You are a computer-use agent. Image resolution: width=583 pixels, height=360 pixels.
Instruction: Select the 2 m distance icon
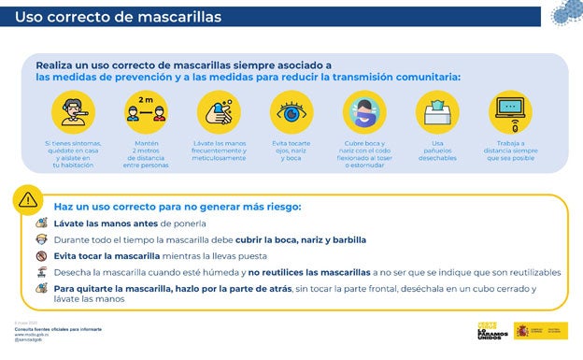pyautogui.click(x=146, y=113)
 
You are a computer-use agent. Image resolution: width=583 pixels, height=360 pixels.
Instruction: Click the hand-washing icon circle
pyautogui.click(x=219, y=113)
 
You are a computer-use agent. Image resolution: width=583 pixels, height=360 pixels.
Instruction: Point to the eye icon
pyautogui.click(x=291, y=113)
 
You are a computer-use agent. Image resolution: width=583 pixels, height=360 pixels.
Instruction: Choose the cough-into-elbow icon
pyautogui.click(x=364, y=113)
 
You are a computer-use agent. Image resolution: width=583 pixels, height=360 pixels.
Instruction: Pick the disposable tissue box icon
pyautogui.click(x=436, y=113)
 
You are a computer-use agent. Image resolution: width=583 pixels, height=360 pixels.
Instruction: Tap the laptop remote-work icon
pyautogui.click(x=509, y=113)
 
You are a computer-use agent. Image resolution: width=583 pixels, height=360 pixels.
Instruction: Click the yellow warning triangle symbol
pyautogui.click(x=28, y=198)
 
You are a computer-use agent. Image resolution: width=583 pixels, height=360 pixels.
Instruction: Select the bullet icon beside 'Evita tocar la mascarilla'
pyautogui.click(x=41, y=255)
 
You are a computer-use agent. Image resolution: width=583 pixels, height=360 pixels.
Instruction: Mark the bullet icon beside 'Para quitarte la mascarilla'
pyautogui.click(x=41, y=289)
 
